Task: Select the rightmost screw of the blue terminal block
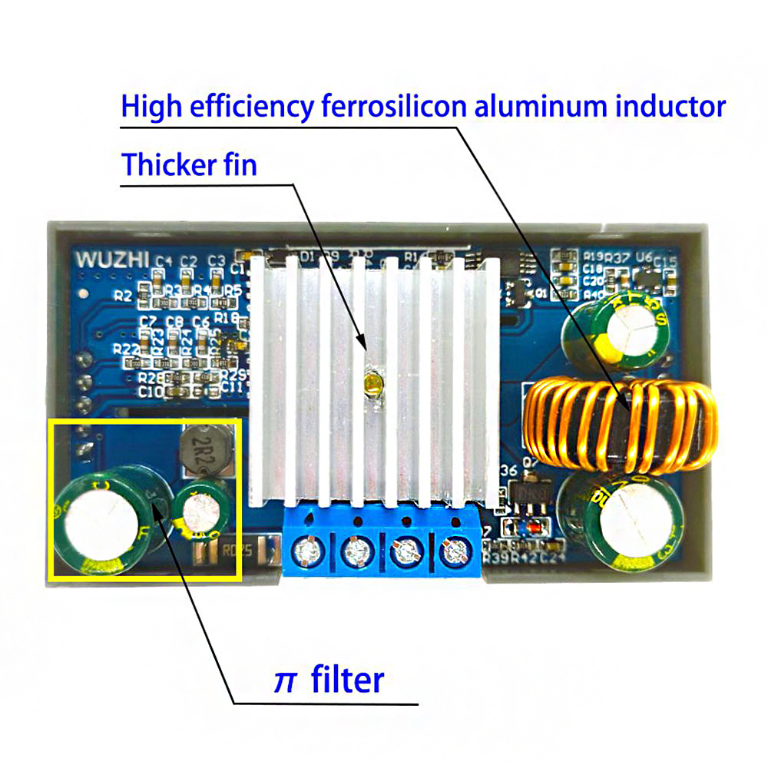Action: tap(455, 550)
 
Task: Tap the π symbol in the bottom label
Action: tap(285, 680)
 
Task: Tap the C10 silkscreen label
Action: tap(150, 392)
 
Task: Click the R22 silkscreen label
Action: tap(125, 348)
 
